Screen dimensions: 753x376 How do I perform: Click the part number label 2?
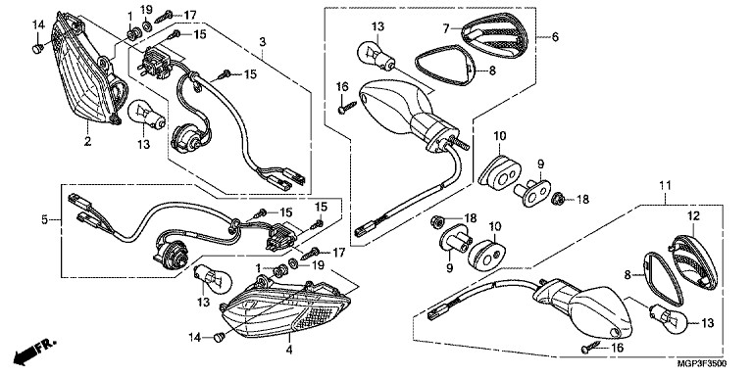pos(87,142)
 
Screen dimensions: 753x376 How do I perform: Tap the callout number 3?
pos(262,42)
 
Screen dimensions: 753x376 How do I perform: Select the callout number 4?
pos(289,351)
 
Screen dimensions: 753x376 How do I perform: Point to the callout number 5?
pos(45,220)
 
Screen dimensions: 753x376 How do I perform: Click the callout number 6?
pos(555,36)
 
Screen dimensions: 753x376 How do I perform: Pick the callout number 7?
pos(446,28)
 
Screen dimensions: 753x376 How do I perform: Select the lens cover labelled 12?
pos(694,261)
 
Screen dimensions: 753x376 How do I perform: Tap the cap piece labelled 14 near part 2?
pos(37,48)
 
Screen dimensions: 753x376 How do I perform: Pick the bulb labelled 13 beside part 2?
pos(147,117)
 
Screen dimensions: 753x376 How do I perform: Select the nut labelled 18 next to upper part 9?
pos(558,198)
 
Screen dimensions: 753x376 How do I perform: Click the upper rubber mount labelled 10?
pos(500,169)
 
